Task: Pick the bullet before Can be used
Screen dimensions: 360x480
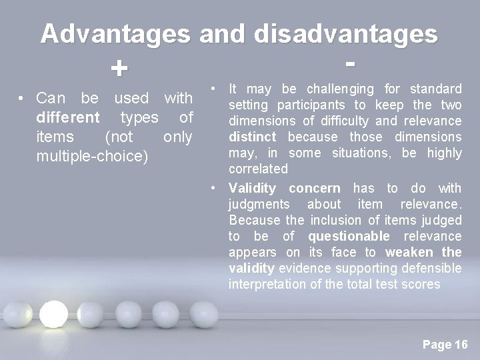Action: pyautogui.click(x=23, y=99)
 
